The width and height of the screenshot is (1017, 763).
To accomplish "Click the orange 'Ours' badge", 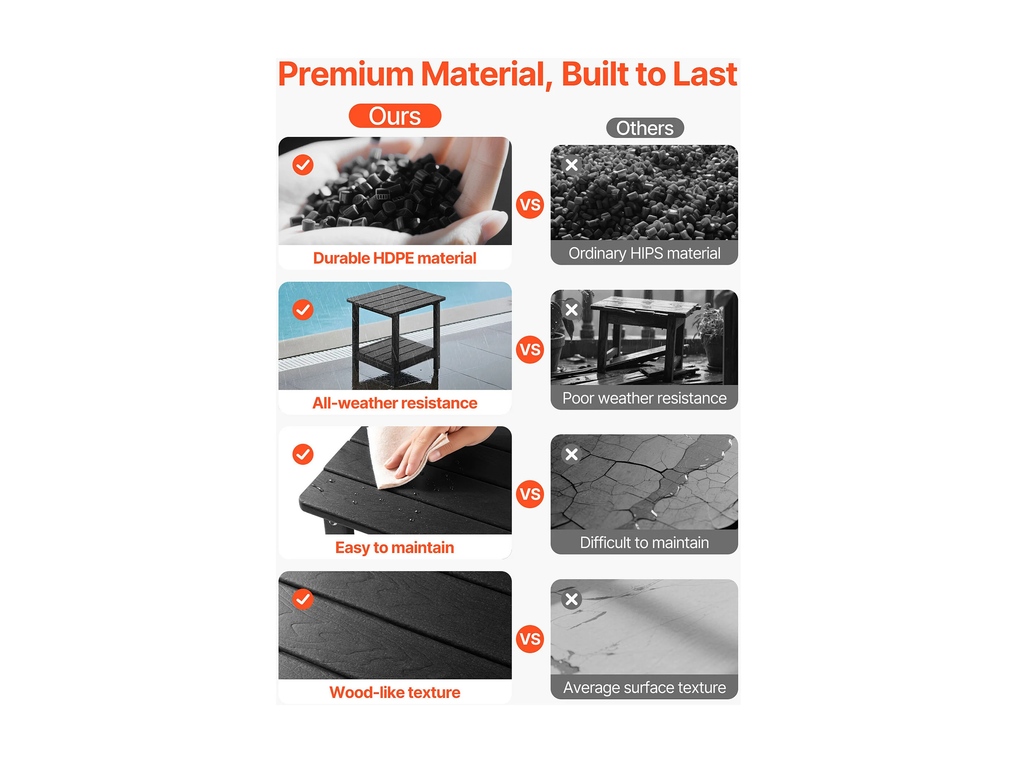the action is point(395,116).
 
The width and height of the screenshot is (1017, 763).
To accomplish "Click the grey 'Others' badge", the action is point(645,128).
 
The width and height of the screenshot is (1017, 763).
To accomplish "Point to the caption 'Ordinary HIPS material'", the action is point(644,253).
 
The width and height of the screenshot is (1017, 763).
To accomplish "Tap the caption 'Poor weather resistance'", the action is point(644,398).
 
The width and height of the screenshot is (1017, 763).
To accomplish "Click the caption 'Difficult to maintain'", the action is point(644,542).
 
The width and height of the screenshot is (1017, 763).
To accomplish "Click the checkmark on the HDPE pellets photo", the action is point(303,165).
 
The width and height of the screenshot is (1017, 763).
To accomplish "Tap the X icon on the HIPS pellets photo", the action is point(571,165).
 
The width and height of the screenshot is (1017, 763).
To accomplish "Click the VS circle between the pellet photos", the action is point(530,204).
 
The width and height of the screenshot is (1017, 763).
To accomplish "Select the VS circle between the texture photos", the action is point(530,639).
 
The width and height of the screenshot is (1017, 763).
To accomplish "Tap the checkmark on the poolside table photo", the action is point(303,310).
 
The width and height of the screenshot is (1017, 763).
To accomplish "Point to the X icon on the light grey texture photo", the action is point(571,599).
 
